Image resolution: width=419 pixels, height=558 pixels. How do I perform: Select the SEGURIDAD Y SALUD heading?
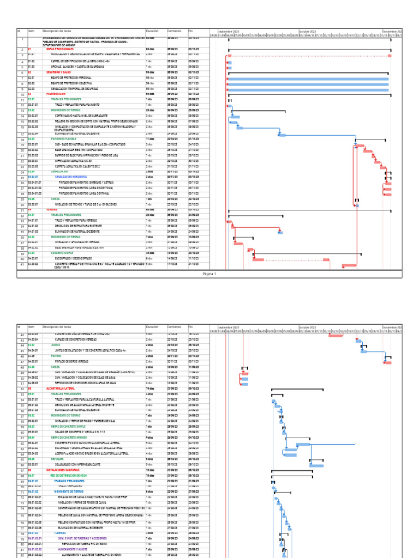59,72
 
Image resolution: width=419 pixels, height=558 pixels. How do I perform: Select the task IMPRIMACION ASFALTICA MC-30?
75,161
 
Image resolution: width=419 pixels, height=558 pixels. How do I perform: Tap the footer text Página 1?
209,274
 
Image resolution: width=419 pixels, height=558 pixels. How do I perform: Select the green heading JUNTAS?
55,345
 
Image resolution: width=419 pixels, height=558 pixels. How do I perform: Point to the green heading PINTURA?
56,355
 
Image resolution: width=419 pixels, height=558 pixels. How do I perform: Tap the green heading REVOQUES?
57,459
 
